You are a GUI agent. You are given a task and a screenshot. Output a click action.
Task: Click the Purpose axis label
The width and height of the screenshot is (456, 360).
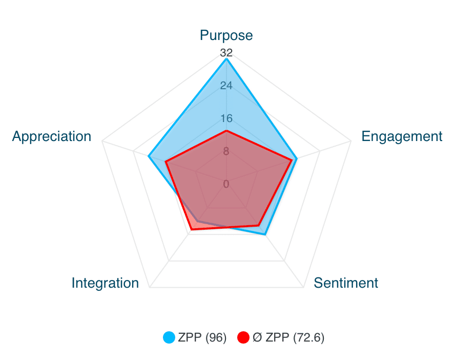click(x=226, y=35)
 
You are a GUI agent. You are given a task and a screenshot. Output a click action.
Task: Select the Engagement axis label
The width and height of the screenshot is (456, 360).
click(x=402, y=136)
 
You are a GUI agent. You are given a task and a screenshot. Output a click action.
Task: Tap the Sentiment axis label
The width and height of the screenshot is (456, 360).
click(x=346, y=283)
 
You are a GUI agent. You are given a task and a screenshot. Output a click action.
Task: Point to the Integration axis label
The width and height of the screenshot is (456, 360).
click(x=105, y=283)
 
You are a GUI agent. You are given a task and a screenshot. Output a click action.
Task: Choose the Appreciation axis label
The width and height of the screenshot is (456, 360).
click(x=52, y=136)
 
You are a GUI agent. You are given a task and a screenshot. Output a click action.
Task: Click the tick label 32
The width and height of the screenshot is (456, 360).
click(x=226, y=53)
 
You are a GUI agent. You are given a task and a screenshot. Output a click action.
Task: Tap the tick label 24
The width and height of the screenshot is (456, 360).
click(x=226, y=86)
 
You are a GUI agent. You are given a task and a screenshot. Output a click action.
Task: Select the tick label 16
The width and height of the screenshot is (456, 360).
click(x=226, y=118)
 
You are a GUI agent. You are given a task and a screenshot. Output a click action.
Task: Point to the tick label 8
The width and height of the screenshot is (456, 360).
click(x=226, y=151)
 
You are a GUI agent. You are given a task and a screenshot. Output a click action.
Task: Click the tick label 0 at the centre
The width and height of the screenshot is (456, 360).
click(x=226, y=184)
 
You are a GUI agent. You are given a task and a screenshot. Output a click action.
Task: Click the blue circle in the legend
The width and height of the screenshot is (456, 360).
click(x=169, y=338)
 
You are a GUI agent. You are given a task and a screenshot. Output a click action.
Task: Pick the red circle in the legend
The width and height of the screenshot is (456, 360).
click(x=244, y=338)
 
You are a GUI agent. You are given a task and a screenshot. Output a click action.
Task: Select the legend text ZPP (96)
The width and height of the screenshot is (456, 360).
click(x=202, y=338)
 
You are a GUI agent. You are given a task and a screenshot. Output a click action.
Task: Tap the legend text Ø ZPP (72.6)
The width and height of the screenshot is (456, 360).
click(x=288, y=338)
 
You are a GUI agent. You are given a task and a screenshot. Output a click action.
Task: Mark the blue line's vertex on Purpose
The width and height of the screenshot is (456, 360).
click(x=226, y=59)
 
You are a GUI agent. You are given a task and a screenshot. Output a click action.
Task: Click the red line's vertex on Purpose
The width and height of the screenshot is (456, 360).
click(x=226, y=131)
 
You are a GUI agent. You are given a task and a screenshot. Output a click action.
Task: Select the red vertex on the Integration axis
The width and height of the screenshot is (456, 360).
click(x=191, y=230)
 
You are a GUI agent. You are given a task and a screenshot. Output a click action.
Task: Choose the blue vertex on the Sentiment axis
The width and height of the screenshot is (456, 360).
click(x=265, y=234)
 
